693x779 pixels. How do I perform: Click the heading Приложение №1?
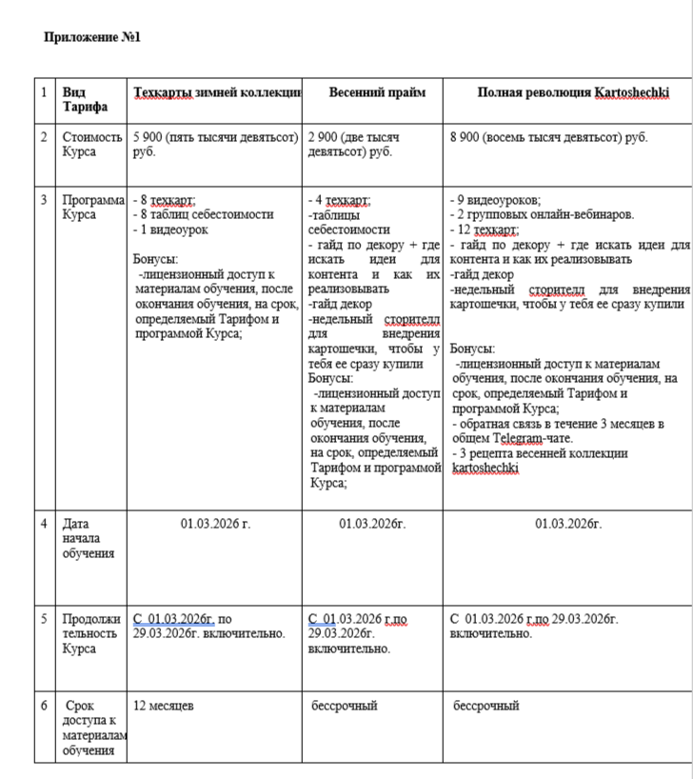(x=92, y=38)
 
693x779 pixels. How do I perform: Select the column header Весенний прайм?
(x=377, y=92)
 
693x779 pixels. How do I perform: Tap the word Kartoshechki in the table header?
(x=632, y=92)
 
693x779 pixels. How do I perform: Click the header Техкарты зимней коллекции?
(x=217, y=92)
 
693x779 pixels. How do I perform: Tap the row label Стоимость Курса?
(x=92, y=144)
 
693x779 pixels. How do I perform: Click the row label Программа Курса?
(x=93, y=207)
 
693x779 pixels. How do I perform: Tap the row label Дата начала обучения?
(x=89, y=538)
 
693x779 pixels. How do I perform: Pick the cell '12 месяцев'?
(x=164, y=706)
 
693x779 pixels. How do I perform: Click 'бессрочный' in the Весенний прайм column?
(x=345, y=706)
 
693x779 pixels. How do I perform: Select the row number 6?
(x=44, y=706)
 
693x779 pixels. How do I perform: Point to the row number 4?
(x=44, y=524)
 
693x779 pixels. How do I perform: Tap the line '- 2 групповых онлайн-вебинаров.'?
(x=541, y=214)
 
